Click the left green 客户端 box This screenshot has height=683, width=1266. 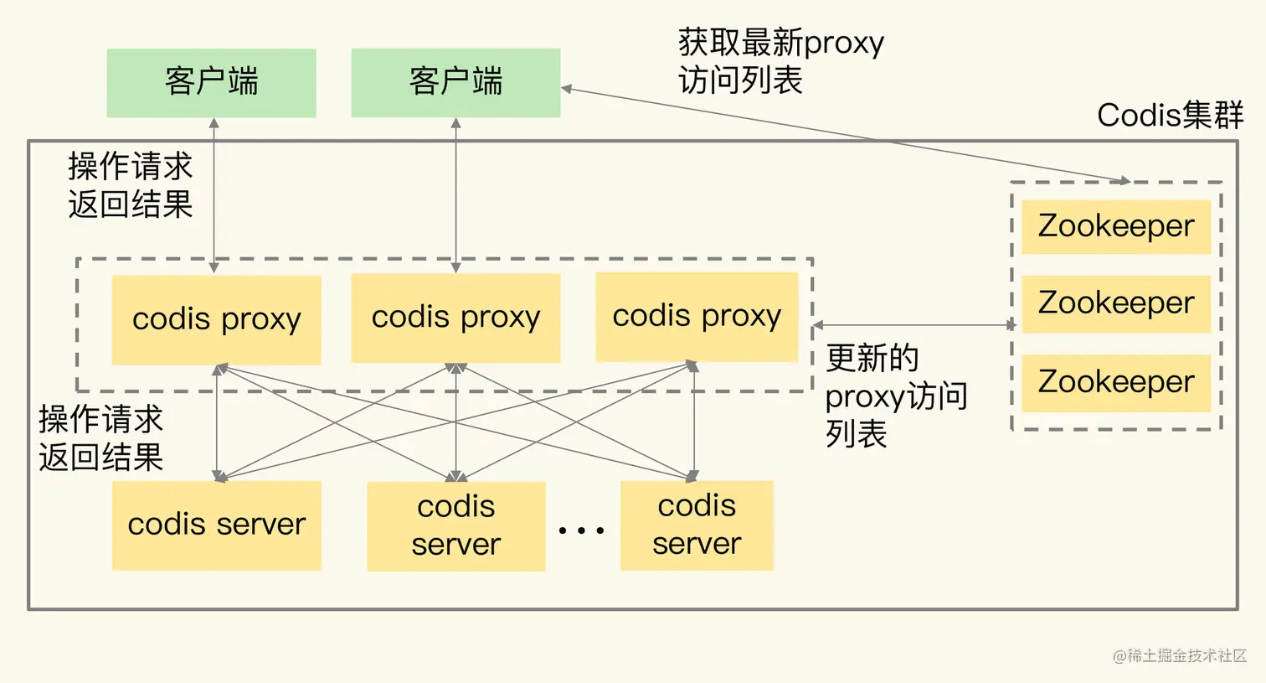[211, 82]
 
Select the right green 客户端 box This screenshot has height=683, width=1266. [455, 82]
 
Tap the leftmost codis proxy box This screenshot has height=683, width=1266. [216, 319]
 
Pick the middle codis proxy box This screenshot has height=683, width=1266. [455, 318]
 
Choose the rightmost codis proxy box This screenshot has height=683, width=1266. [697, 316]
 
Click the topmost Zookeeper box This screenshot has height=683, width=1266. [1115, 226]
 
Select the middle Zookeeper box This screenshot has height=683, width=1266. [1115, 303]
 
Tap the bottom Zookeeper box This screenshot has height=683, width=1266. [1115, 382]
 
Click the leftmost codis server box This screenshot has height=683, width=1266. [216, 525]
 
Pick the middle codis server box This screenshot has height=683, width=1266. [455, 525]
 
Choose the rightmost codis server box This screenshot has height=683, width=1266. [697, 525]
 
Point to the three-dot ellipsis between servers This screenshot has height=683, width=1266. [581, 530]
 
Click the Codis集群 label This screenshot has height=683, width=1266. [1170, 115]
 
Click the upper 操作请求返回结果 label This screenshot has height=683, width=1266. [130, 185]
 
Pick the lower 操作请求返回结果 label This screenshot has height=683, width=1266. [100, 438]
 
